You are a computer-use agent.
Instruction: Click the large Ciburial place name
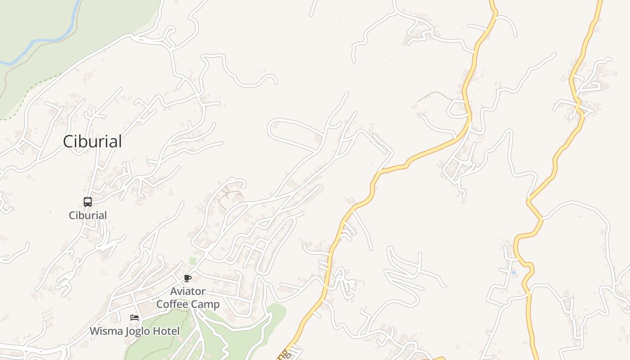point(92,141)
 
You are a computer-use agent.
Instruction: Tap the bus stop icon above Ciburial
point(88,202)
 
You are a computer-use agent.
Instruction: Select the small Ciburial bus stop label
point(88,216)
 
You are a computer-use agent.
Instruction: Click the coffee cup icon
point(188,279)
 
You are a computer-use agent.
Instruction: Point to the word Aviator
point(188,292)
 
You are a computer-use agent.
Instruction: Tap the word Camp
point(205,304)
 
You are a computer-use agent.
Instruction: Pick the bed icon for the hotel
point(135,318)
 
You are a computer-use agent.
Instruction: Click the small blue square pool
point(513,273)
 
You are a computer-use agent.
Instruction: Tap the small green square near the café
point(193,261)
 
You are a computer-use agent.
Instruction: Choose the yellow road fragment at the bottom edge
point(434,359)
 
